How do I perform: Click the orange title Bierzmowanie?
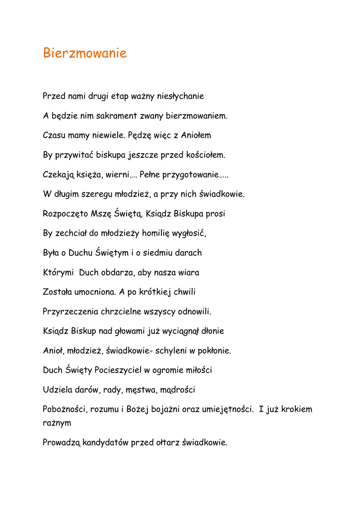coord(85,53)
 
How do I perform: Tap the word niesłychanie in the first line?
coord(180,96)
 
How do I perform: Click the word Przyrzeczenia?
coord(71,312)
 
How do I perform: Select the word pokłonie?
coord(214,351)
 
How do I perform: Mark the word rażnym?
coord(57,423)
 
